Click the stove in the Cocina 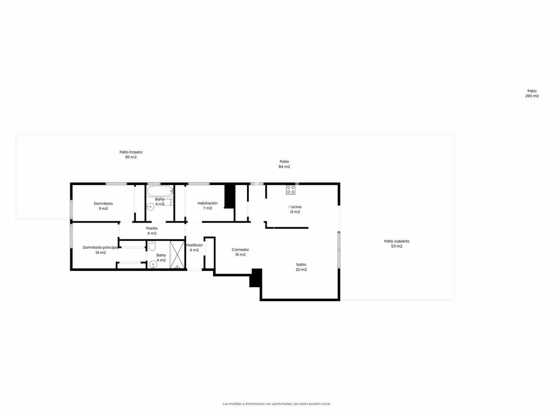click(x=291, y=190)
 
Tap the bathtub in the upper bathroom click(x=160, y=191)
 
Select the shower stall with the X click(x=177, y=255)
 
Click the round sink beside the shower click(x=153, y=265)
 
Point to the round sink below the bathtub click(x=150, y=207)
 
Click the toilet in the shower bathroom click(x=152, y=246)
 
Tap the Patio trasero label click(x=131, y=152)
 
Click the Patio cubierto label click(x=396, y=241)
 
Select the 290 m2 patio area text click(x=532, y=96)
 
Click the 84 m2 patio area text click(x=284, y=167)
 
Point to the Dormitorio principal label click(x=100, y=248)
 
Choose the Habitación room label click(x=207, y=203)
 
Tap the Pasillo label click(x=152, y=229)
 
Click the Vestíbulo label click(x=194, y=245)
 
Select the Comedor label click(x=240, y=250)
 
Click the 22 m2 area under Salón click(x=301, y=270)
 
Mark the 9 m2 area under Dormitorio click(x=103, y=209)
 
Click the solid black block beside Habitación click(x=230, y=196)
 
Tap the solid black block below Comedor click(x=256, y=278)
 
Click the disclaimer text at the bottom click(x=277, y=404)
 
